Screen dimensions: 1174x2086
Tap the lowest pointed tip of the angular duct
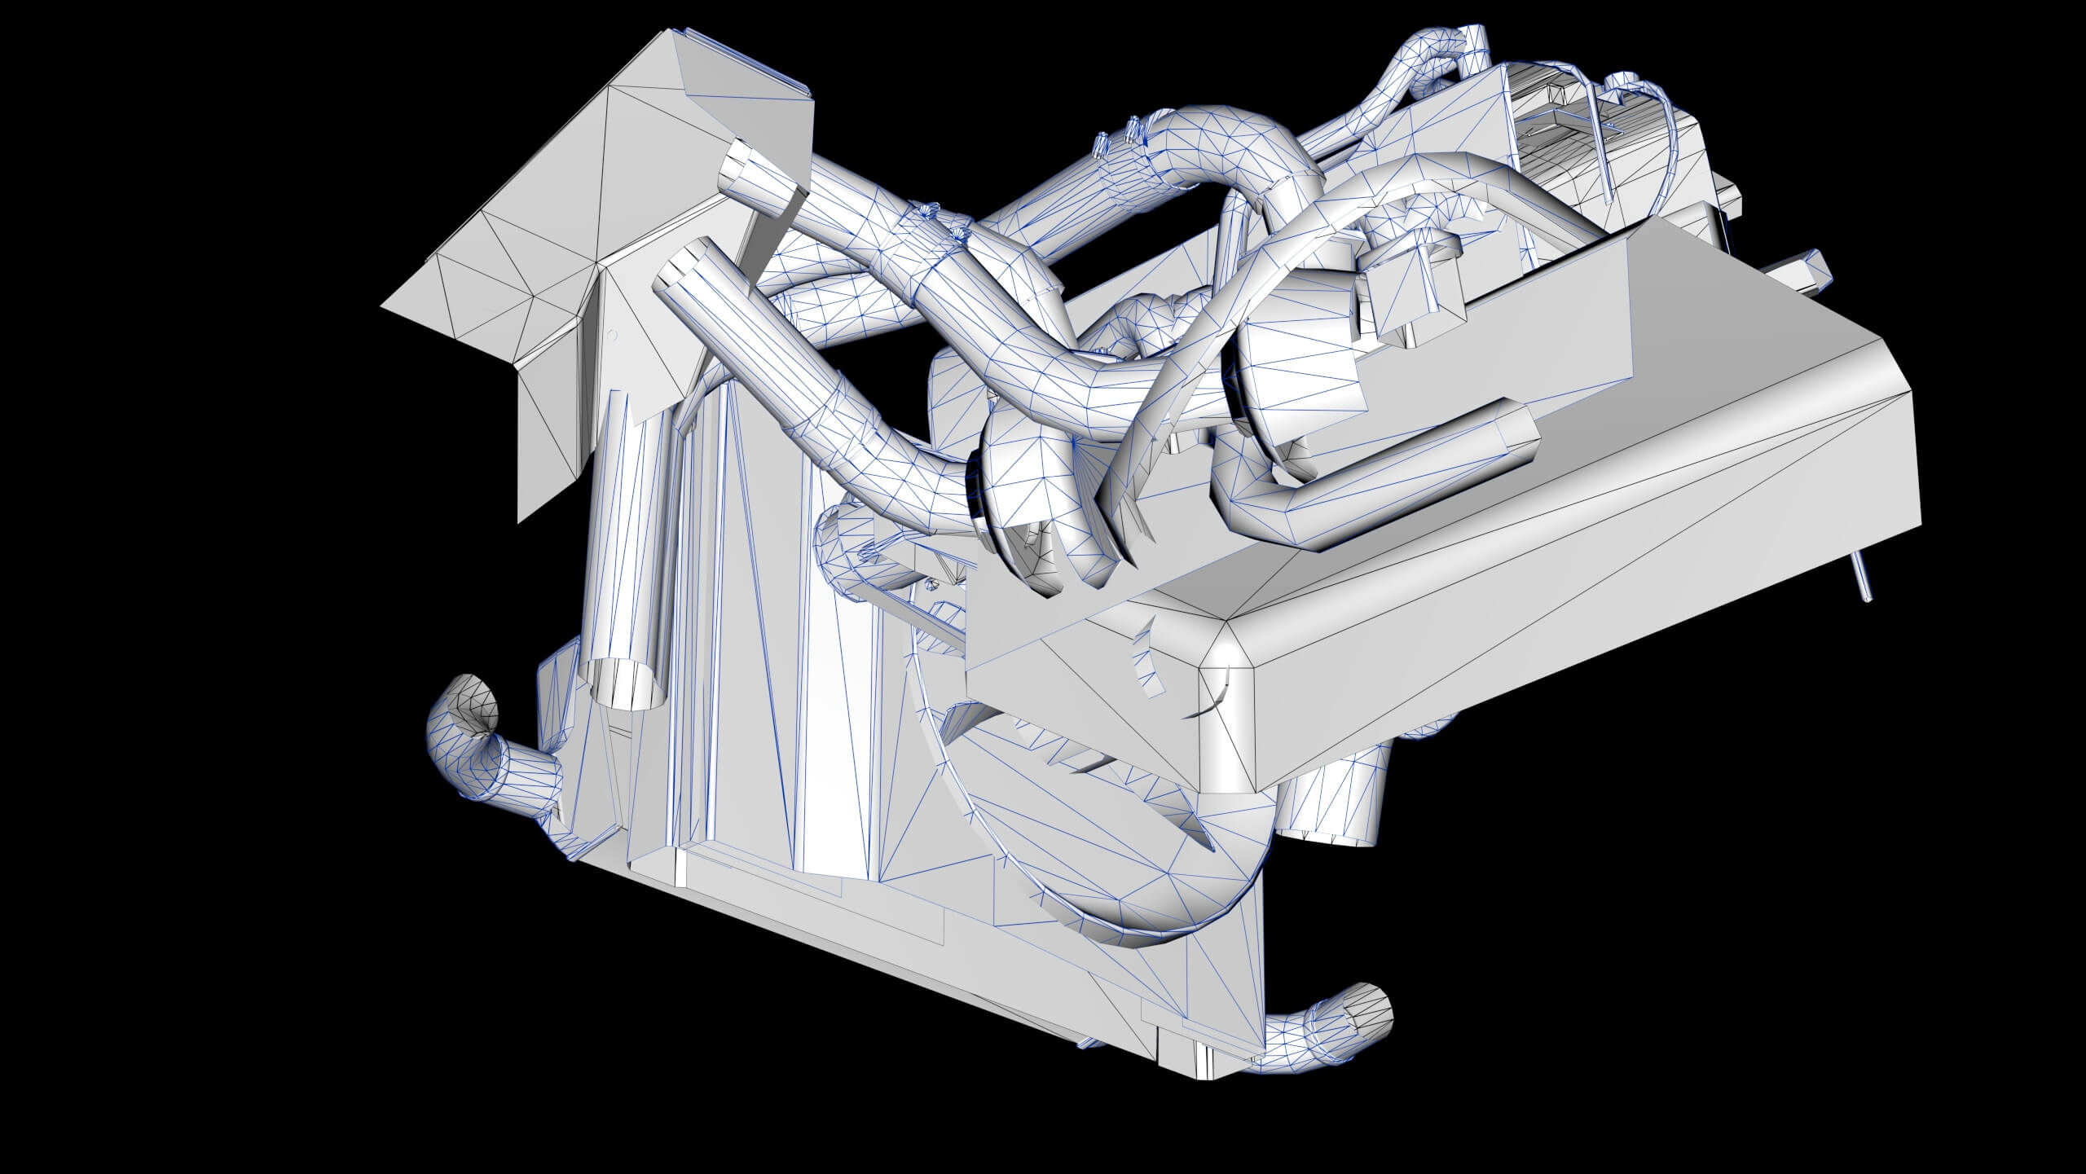(519, 519)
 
